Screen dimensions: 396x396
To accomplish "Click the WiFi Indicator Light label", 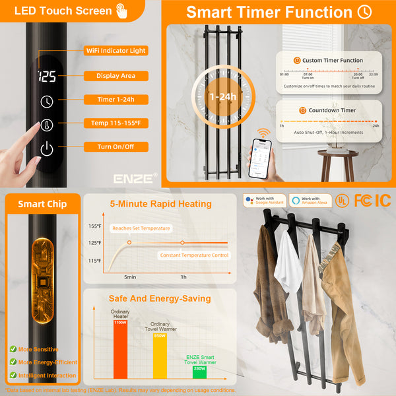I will click(x=115, y=51).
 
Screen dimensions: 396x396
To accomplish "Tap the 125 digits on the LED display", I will click(x=47, y=77).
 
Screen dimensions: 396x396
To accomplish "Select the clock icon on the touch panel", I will click(x=47, y=101).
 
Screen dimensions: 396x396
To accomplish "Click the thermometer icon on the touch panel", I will click(x=47, y=124).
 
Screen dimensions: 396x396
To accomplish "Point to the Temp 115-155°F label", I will click(x=115, y=123).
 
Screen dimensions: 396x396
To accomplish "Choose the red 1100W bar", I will click(x=120, y=350).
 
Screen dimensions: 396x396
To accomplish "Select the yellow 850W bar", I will click(x=160, y=356).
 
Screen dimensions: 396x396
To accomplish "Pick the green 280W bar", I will click(x=199, y=372).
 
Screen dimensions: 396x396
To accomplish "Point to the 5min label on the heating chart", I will click(x=130, y=277).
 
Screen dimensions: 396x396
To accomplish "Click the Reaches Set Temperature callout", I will click(x=141, y=228).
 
